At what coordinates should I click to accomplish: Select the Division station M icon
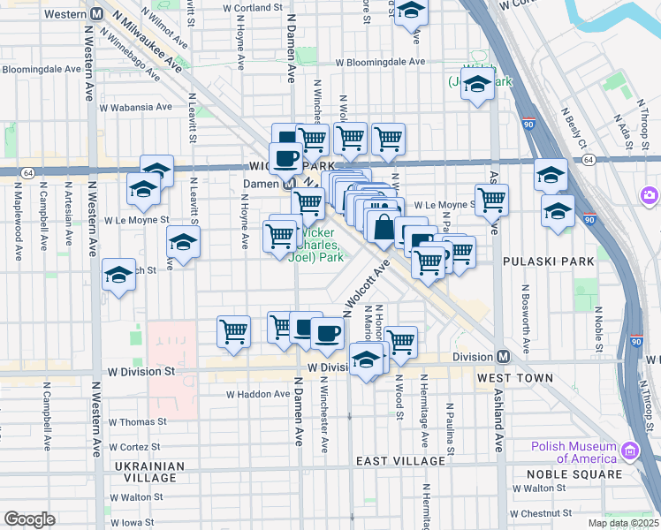point(503,357)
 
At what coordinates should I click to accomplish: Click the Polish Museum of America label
point(574,452)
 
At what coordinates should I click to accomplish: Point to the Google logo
point(29,519)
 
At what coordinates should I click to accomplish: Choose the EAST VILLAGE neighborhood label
point(400,461)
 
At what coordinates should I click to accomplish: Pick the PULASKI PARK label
point(540,262)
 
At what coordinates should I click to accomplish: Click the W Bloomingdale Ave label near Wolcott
point(379,63)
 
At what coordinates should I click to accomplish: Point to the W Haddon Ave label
point(258,394)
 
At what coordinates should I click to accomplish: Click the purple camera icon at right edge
point(650,194)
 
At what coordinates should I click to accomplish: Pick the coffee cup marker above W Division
point(327,332)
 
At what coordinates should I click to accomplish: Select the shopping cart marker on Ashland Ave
point(491,200)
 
